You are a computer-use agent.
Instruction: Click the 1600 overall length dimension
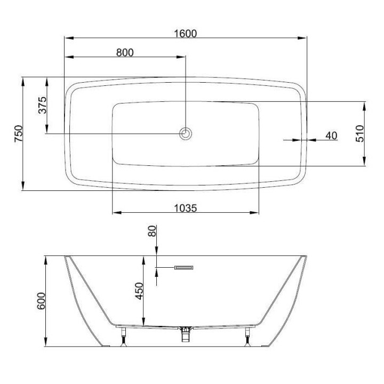click(186, 34)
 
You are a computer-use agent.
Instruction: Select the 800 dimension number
click(125, 52)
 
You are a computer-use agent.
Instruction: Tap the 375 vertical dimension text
click(42, 105)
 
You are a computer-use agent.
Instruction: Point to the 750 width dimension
click(19, 133)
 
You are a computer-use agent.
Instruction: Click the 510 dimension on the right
click(360, 133)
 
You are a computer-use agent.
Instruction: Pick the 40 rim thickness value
click(331, 135)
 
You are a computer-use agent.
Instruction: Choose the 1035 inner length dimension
click(186, 208)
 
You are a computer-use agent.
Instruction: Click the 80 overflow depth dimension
click(152, 231)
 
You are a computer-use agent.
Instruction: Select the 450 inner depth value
click(139, 291)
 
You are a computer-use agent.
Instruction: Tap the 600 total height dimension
click(41, 301)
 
